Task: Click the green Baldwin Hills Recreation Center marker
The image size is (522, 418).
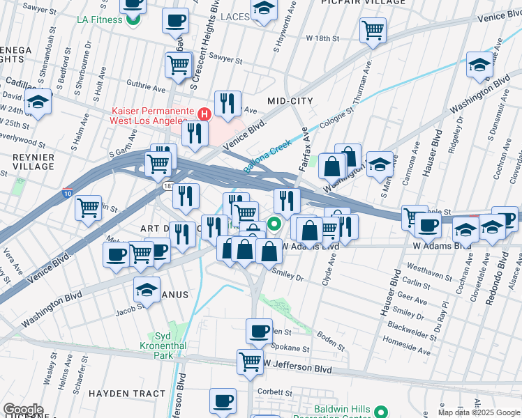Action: tap(381, 412)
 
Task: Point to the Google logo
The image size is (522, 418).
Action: tap(23, 409)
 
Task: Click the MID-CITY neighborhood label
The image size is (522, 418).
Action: tap(290, 101)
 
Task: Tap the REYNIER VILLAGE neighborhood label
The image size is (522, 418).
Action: tap(33, 162)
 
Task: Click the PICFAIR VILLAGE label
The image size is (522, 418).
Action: tap(363, 3)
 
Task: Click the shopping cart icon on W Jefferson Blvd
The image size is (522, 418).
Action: tap(250, 361)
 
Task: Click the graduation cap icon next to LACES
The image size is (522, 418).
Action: tap(263, 9)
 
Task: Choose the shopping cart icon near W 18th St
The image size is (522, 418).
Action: tap(373, 30)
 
